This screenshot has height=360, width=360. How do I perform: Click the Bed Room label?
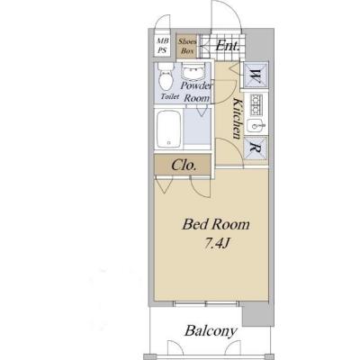pos(216,224)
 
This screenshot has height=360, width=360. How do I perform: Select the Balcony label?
pos(211,331)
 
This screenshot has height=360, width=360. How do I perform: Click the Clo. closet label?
pos(184,165)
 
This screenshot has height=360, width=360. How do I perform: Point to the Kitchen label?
pos(237,118)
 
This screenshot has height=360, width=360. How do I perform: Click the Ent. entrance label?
pos(228,46)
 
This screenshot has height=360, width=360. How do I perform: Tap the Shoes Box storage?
pos(186,46)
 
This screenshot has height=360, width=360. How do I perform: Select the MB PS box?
pos(162,46)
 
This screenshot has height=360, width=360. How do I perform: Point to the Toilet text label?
pos(170,96)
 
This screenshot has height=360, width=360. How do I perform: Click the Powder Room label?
pos(196,92)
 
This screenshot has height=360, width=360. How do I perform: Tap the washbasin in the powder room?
pos(193,72)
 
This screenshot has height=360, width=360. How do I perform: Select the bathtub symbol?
pos(169,129)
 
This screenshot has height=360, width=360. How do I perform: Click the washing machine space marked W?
pos(256,75)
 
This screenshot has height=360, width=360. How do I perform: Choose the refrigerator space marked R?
pos(256,148)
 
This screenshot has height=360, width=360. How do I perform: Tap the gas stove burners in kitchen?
pos(256,104)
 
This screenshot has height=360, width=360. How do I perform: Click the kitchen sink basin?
pos(255,126)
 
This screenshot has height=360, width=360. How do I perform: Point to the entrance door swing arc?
pos(228,9)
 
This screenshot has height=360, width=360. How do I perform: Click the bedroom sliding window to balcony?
pos(207,304)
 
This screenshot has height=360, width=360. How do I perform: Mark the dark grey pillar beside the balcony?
pos(257,314)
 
